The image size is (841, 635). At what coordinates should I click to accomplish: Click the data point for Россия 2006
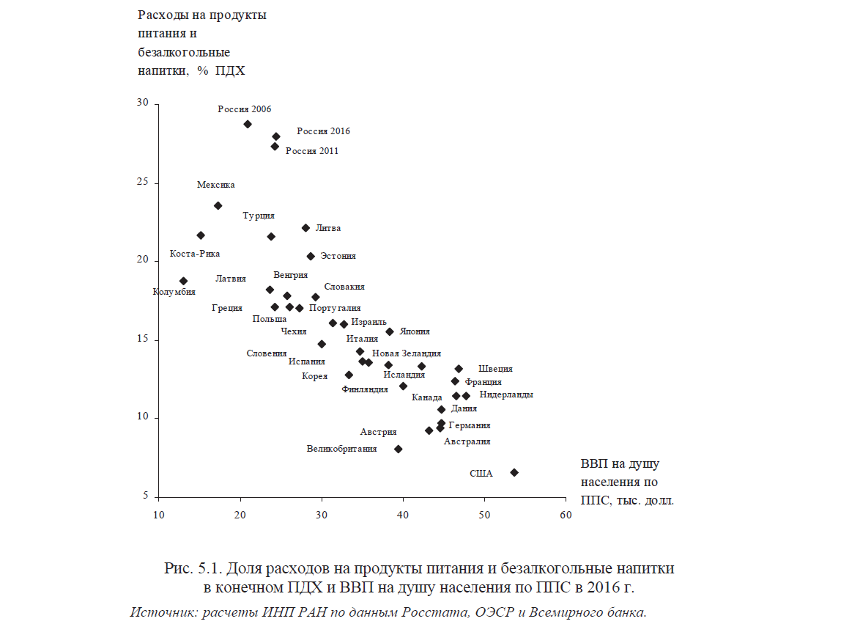pyautogui.click(x=248, y=124)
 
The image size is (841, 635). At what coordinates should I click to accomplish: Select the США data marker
pyautogui.click(x=514, y=472)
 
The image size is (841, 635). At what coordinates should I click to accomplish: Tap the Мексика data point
pyautogui.click(x=218, y=205)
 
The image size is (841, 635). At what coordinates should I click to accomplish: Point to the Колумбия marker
pyautogui.click(x=183, y=281)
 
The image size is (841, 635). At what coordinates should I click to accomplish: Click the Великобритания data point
pyautogui.click(x=398, y=449)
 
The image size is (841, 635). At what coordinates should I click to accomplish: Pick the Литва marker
pyautogui.click(x=305, y=227)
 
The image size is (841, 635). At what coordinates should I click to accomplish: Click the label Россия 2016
pyautogui.click(x=323, y=131)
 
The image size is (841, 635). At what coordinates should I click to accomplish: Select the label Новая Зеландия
pyautogui.click(x=407, y=353)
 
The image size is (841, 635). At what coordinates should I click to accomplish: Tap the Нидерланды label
pyautogui.click(x=506, y=394)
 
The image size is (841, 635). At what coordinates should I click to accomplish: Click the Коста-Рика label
pyautogui.click(x=195, y=254)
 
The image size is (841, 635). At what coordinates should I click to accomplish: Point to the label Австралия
pyautogui.click(x=467, y=441)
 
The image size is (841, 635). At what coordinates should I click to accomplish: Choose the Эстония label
pyautogui.click(x=338, y=256)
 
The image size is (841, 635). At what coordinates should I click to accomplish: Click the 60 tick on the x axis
pyautogui.click(x=565, y=515)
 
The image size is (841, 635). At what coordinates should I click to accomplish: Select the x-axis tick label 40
pyautogui.click(x=402, y=515)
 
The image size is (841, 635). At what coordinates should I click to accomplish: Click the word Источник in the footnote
pyautogui.click(x=161, y=612)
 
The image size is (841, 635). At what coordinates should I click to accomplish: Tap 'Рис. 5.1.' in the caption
pyautogui.click(x=192, y=568)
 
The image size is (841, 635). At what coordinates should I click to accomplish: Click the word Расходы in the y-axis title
pyautogui.click(x=161, y=15)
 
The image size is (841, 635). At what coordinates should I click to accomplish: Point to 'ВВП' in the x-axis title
pyautogui.click(x=594, y=464)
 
